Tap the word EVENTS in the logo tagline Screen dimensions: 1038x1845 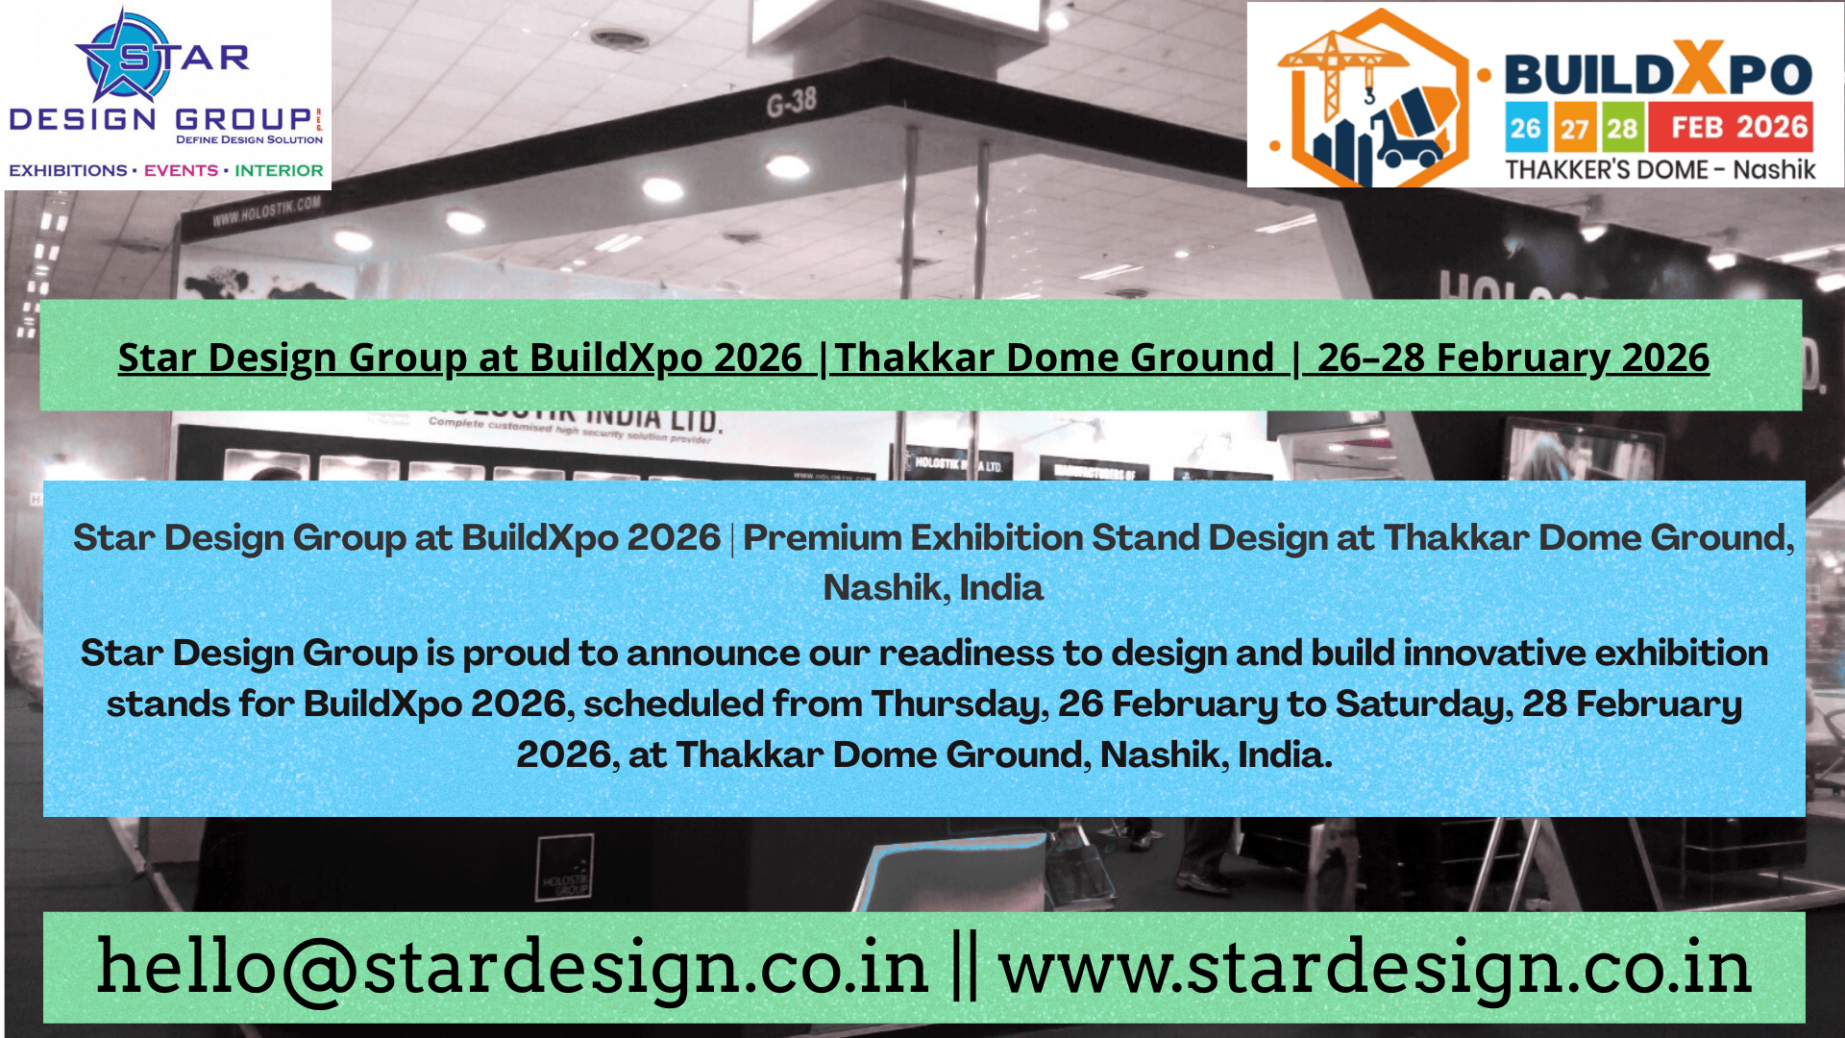click(x=181, y=170)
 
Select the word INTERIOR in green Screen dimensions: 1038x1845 click(x=279, y=170)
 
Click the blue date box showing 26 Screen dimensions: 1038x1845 click(x=1525, y=128)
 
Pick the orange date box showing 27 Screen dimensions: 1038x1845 click(x=1574, y=128)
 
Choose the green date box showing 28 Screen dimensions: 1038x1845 click(x=1622, y=128)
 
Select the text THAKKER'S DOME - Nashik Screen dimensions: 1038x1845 click(x=1660, y=170)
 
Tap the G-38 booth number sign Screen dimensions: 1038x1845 click(x=791, y=100)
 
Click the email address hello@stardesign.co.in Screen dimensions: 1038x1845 click(x=512, y=967)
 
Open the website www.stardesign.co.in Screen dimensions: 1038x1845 click(x=1374, y=967)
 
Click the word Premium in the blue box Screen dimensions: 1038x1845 click(x=823, y=537)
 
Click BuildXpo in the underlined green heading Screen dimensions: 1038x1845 click(x=616, y=358)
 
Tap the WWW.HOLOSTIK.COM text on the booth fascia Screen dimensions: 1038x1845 click(x=266, y=210)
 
